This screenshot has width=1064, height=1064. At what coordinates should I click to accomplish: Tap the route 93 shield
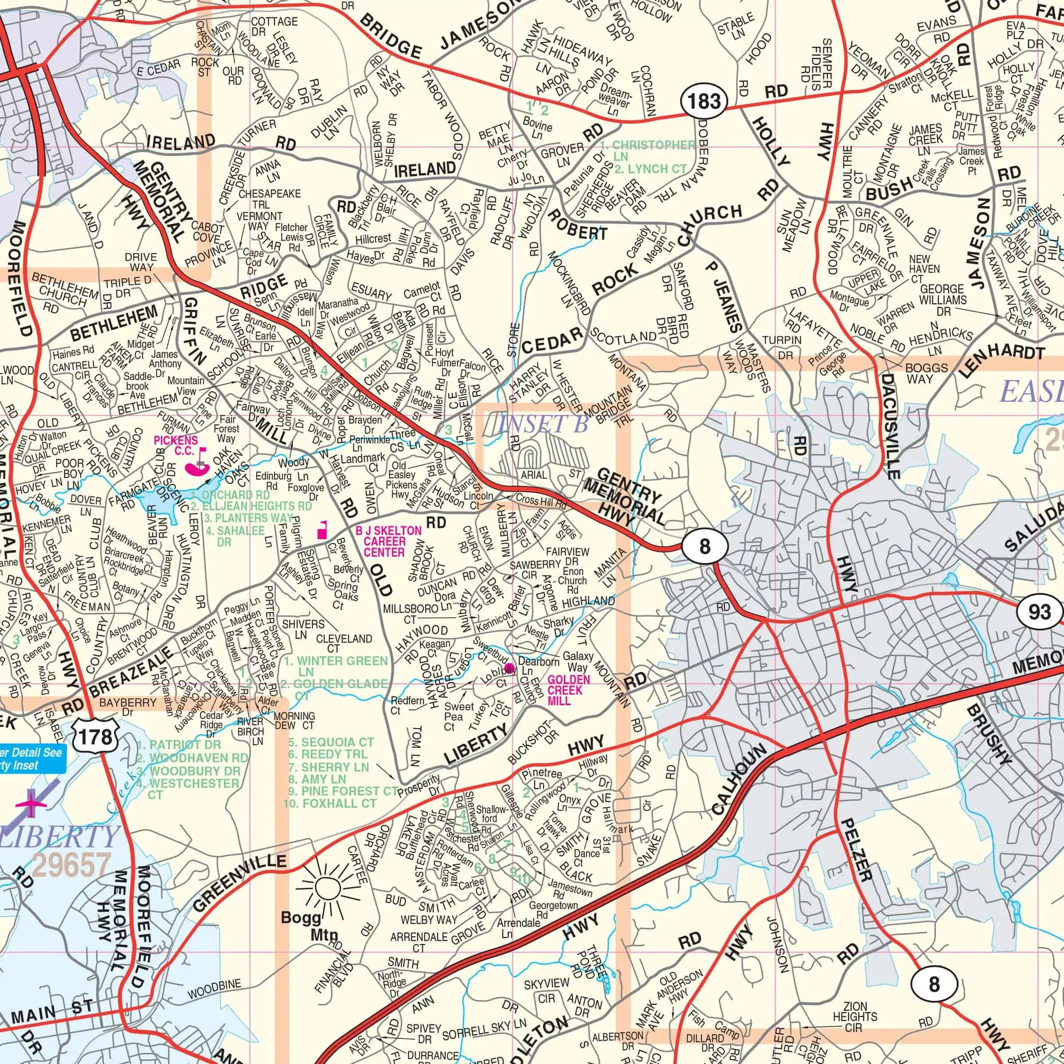[x=1039, y=612]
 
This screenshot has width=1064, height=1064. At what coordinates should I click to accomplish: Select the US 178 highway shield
[x=96, y=737]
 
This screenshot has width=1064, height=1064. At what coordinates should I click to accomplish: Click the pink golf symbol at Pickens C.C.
[x=198, y=462]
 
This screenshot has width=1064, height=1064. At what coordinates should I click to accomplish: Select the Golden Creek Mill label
[x=568, y=690]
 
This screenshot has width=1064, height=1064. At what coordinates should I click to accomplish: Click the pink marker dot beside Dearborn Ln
[x=509, y=669]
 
